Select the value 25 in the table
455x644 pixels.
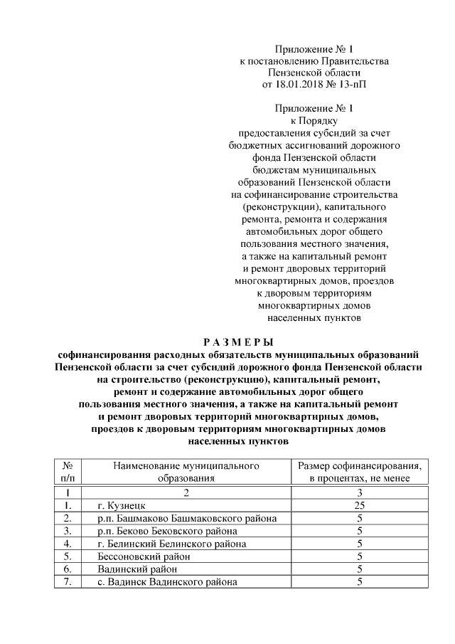click(360, 505)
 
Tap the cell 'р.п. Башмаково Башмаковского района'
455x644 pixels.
click(187, 518)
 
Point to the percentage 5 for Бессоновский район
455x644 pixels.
click(360, 556)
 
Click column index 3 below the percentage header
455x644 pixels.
click(360, 492)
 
